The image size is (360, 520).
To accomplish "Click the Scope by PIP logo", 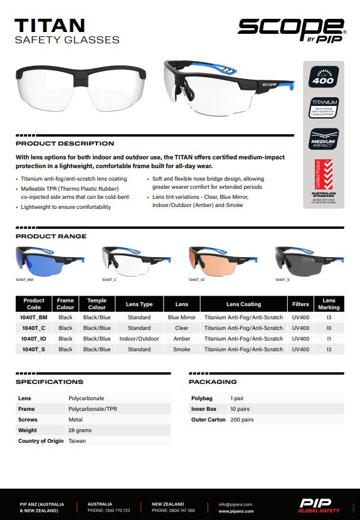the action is tap(291, 28).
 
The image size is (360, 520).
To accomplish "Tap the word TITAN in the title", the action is tap(50, 25).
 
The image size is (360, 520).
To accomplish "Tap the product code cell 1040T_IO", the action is tap(34, 339).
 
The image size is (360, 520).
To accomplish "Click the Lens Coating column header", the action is tap(243, 304).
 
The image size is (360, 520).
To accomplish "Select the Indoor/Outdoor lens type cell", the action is tap(139, 339).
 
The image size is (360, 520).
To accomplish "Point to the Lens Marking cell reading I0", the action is tap(329, 328).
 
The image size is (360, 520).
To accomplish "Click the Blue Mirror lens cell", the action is tap(182, 317).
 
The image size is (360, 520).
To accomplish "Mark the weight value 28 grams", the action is tap(80, 430).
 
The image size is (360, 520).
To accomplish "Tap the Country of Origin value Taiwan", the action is tap(77, 441).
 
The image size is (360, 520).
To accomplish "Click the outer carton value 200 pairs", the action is tap(242, 420).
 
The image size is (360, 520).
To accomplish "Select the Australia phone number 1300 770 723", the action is tap(109, 511).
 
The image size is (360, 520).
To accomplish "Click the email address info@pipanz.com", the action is tap(235, 504).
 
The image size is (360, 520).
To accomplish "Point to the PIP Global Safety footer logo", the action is tap(319, 506).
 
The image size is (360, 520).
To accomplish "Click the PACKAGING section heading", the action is tap(213, 381).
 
